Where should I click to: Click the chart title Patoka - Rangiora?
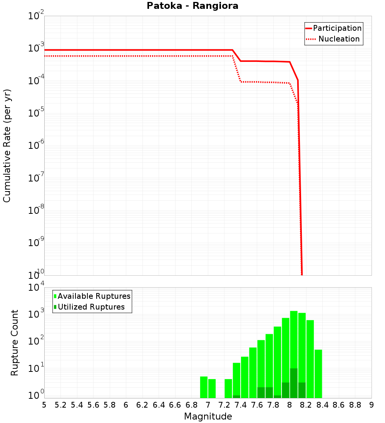coord(192,6)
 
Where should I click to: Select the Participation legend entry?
coord(337,28)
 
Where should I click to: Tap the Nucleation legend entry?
coord(339,39)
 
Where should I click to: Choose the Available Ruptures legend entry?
coord(94,296)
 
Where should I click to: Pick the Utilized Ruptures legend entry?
coord(91,307)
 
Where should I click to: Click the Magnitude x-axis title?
coord(208,416)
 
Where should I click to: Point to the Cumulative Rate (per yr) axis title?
coord(7,145)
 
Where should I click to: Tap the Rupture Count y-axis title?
coord(15,342)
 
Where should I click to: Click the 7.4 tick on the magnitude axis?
coord(241,405)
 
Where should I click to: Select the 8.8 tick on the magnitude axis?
coord(355,405)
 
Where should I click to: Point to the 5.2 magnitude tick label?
coord(61,405)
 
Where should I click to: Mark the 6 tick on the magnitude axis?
coord(126,405)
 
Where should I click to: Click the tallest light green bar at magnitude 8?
coord(294,338)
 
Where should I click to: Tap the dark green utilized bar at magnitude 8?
coord(294,383)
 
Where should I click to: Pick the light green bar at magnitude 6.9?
coord(204,387)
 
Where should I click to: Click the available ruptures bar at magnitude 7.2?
coord(228,388)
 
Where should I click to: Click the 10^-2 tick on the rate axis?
coord(34,16)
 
